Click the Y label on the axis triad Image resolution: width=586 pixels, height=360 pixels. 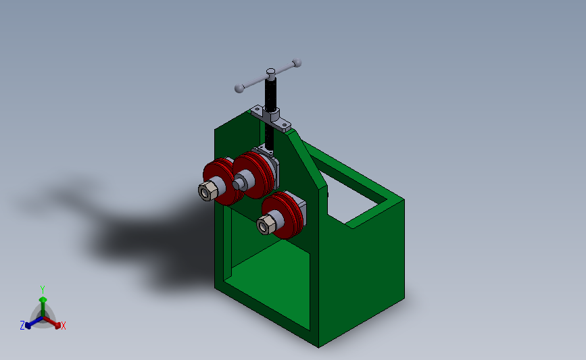(42, 289)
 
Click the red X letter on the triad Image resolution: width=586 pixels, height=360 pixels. (64, 326)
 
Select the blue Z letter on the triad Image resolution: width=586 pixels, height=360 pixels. (22, 326)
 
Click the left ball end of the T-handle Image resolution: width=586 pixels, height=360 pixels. (239, 88)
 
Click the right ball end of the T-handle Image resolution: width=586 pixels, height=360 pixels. (296, 63)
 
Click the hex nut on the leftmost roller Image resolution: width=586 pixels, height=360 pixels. (207, 191)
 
